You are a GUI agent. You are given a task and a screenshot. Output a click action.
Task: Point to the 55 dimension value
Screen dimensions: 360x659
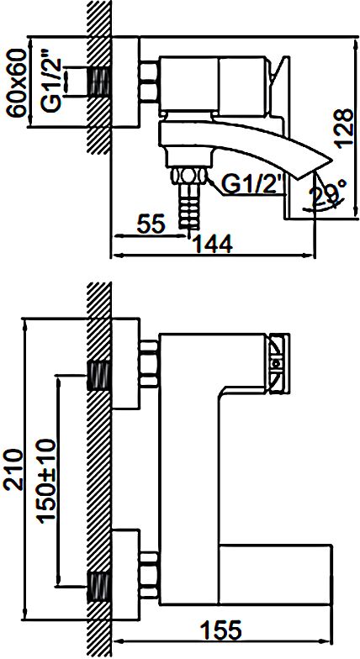pyautogui.click(x=150, y=224)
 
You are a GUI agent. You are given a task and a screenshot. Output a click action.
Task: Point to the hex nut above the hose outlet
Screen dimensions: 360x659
pyautogui.click(x=189, y=175)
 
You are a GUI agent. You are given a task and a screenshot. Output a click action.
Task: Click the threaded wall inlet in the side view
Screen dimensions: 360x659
pyautogui.click(x=99, y=82)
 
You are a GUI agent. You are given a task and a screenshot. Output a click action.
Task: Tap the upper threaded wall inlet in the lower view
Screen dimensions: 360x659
pyautogui.click(x=99, y=376)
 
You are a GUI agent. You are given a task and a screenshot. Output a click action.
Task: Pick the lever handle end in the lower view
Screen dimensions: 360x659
pyautogui.click(x=278, y=364)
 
